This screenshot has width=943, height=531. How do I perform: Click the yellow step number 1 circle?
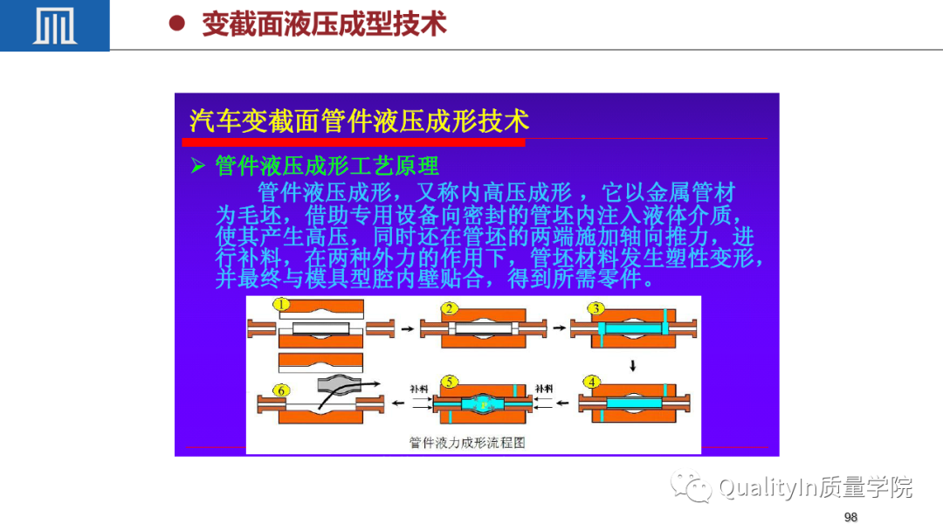tap(281, 304)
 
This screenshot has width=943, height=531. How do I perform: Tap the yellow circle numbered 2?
tap(449, 308)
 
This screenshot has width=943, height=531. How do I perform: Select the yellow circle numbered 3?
tap(595, 308)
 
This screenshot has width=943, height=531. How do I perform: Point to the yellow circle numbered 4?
tap(591, 382)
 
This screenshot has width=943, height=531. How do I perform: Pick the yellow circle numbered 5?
tap(449, 382)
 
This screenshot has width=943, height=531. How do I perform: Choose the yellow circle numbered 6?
tap(281, 391)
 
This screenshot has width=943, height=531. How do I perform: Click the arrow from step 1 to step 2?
tap(407, 329)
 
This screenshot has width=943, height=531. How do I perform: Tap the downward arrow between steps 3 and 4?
tap(633, 366)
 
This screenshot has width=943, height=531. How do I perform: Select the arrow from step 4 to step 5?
tap(562, 403)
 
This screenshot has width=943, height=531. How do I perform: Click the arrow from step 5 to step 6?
tap(398, 403)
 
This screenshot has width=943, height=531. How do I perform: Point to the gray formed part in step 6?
tap(340, 384)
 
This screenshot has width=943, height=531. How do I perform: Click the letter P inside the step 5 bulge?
tap(484, 405)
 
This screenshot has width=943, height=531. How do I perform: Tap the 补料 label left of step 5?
tap(418, 389)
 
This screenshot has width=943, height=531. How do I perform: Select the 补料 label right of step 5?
tap(544, 389)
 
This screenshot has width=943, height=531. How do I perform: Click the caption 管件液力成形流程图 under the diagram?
tap(467, 443)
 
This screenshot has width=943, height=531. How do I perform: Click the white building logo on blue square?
tap(55, 26)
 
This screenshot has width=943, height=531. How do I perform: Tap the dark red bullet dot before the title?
tap(176, 24)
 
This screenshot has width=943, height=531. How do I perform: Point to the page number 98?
tap(850, 517)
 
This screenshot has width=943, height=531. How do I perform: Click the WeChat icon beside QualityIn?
tap(691, 486)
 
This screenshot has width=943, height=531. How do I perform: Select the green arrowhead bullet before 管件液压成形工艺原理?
tap(198, 165)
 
